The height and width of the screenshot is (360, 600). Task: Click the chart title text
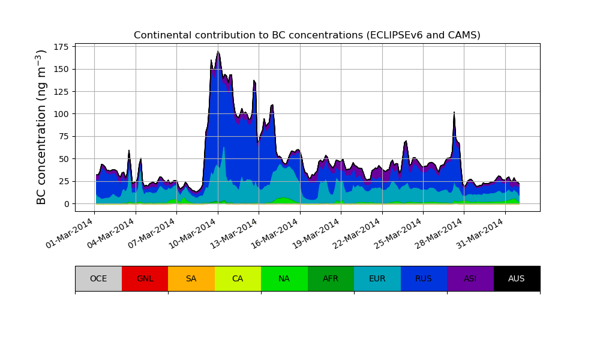307,35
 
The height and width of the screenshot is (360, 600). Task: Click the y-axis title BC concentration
41,127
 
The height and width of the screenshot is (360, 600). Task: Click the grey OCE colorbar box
98,278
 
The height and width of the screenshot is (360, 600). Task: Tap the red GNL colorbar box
145,278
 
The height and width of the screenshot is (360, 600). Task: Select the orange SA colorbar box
191,278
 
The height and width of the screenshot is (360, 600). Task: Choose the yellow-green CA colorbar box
238,278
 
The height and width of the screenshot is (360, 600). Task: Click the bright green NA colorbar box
284,278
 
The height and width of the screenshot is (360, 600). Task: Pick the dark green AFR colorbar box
331,278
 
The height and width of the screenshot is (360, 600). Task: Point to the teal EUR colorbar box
377,278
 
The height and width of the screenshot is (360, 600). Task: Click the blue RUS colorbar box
424,278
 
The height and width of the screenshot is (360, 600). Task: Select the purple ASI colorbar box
470,278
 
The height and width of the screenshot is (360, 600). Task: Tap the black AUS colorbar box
517,278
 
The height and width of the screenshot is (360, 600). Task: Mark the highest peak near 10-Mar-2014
218,52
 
